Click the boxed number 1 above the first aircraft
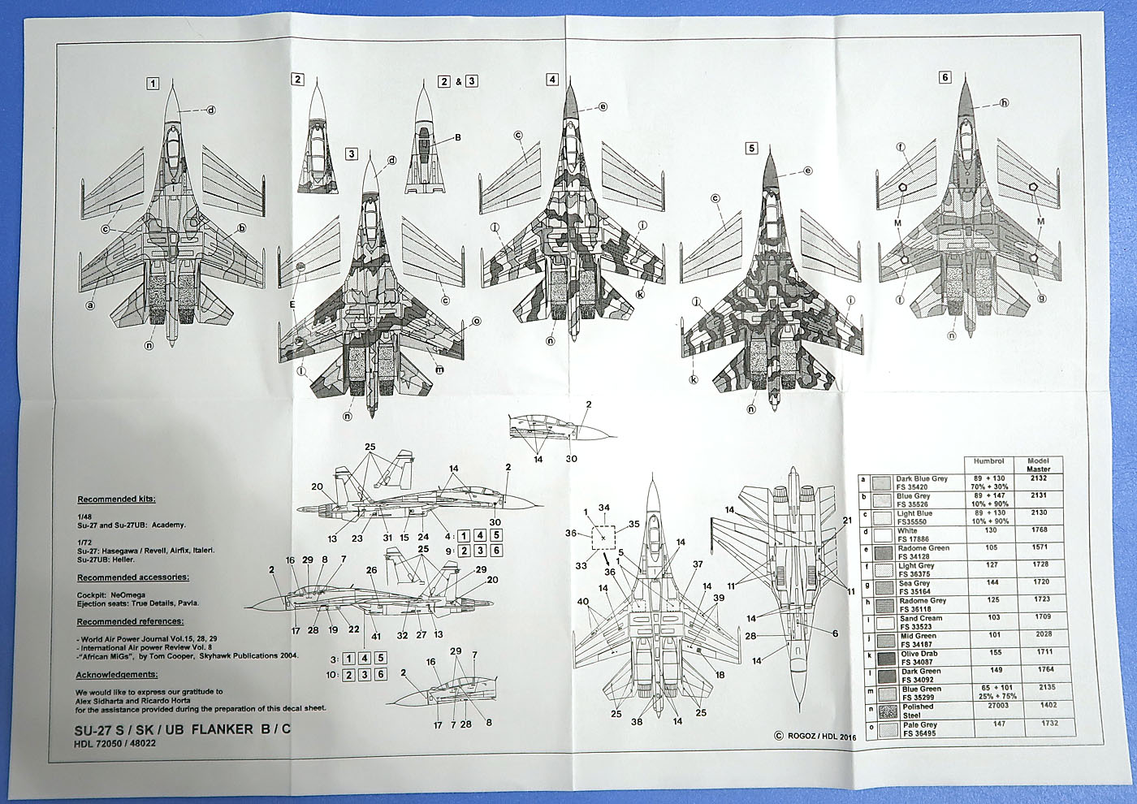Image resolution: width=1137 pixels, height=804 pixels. click(x=153, y=83)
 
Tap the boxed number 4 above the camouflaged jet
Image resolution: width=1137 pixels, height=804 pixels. click(x=552, y=80)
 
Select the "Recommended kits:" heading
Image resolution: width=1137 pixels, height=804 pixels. click(x=116, y=499)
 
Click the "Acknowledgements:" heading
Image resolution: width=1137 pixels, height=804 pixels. click(x=117, y=675)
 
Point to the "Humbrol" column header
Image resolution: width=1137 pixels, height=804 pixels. click(x=988, y=461)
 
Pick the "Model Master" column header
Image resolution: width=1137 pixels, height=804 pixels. click(x=1038, y=465)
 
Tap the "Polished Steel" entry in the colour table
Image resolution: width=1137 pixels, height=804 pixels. click(x=919, y=711)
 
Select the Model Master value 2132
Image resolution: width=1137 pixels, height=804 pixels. click(x=1038, y=479)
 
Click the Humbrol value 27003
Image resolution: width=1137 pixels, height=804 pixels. click(x=988, y=707)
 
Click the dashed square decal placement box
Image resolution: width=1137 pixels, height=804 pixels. click(x=603, y=538)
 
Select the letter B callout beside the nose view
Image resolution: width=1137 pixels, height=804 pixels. click(x=458, y=137)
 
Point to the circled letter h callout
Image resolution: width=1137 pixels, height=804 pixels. click(x=1004, y=103)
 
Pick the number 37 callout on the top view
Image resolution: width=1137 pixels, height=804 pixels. click(x=697, y=564)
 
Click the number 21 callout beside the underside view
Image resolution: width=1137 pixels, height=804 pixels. click(x=847, y=520)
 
